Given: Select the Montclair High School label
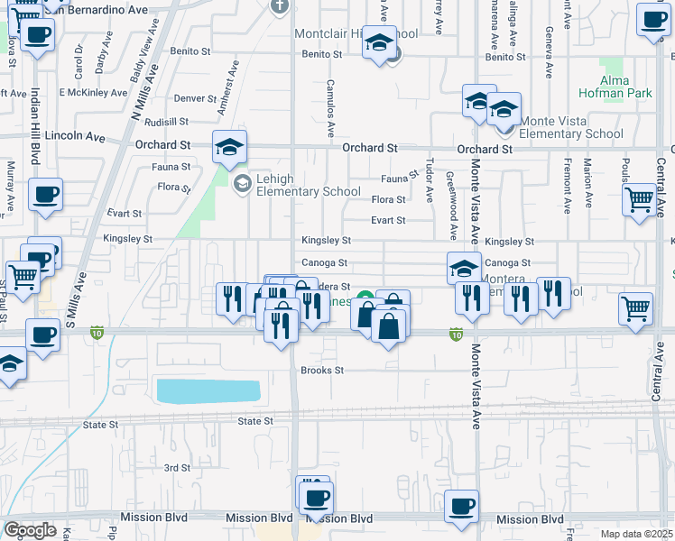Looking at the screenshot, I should [x=356, y=34].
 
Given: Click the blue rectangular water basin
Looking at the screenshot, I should [x=208, y=390].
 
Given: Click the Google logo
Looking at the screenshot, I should [x=30, y=530].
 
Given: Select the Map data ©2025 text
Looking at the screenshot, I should [x=636, y=534].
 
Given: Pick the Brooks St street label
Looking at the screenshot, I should [x=322, y=371].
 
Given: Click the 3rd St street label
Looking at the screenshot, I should [x=177, y=468].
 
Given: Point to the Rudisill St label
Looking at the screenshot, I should [x=165, y=121].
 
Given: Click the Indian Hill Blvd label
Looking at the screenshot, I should [x=35, y=125].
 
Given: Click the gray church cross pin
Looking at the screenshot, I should [x=280, y=5].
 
